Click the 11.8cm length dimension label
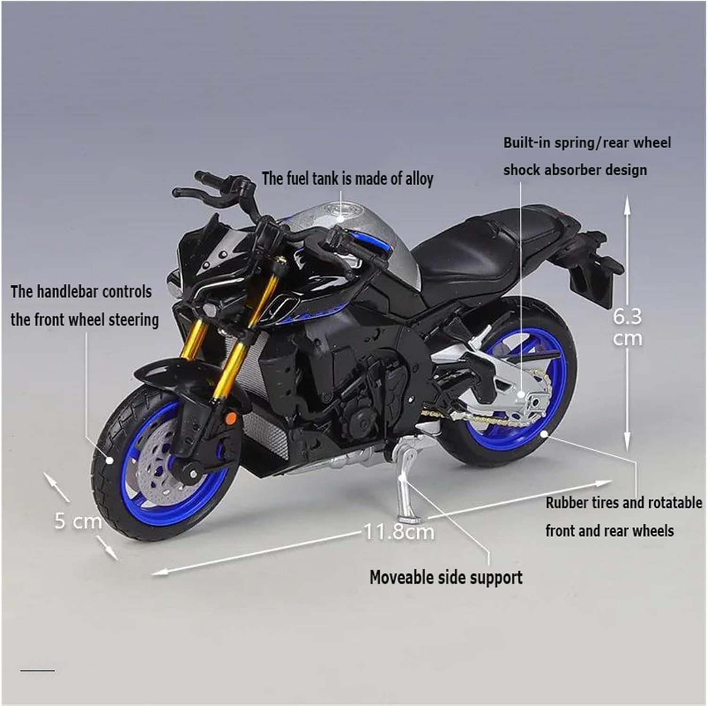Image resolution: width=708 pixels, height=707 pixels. [399, 532]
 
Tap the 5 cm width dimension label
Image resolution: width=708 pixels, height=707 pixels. [78, 521]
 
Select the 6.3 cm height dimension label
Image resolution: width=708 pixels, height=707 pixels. [627, 327]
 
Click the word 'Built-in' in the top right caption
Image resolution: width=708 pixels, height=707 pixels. [527, 143]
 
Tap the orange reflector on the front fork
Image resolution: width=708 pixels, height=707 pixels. [231, 419]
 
